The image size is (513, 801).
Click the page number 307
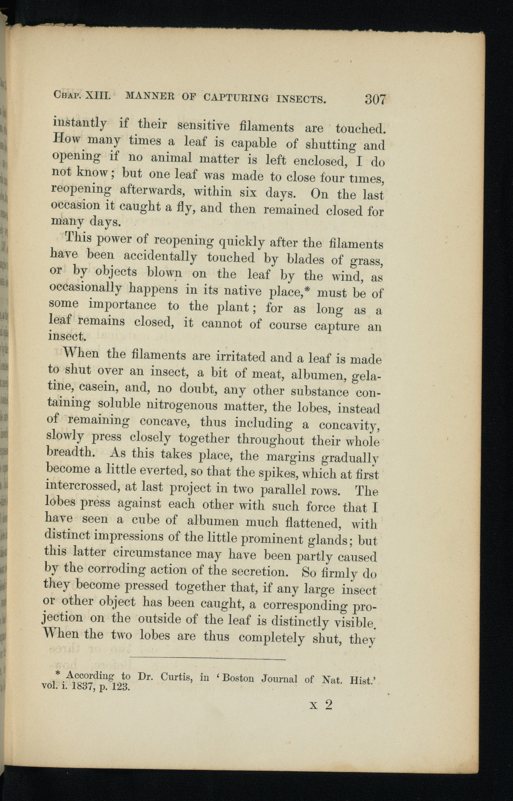click(375, 98)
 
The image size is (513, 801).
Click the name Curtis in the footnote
click(176, 678)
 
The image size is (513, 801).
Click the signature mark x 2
click(321, 705)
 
